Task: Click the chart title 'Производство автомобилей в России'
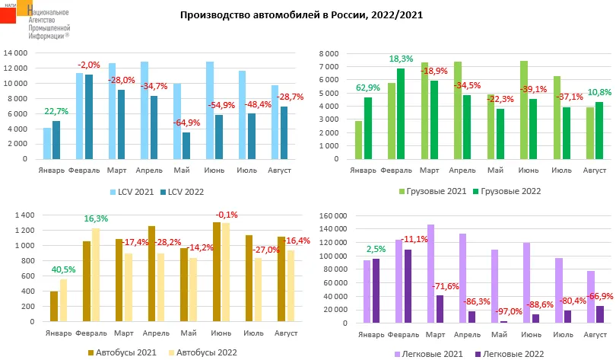point(301,14)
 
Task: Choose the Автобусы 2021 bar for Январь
point(54,306)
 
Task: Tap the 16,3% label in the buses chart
point(97,218)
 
